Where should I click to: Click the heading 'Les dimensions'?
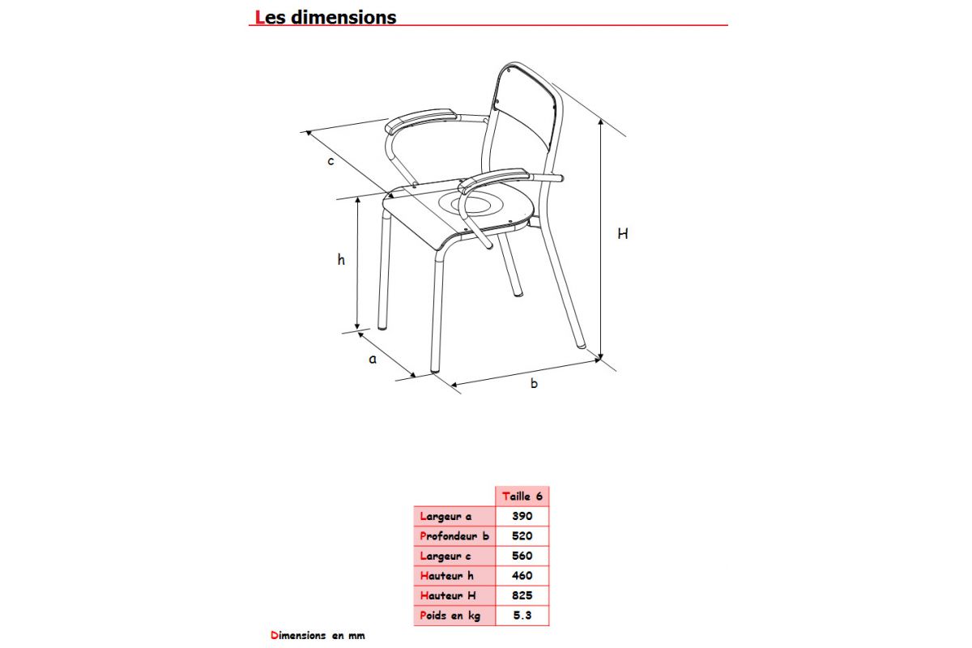click(326, 17)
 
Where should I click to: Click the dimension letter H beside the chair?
click(622, 234)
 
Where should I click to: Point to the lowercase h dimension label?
click(342, 260)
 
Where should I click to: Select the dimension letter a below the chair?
click(373, 358)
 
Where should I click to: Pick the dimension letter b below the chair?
click(534, 383)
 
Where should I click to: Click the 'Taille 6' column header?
click(522, 496)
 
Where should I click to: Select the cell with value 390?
click(522, 516)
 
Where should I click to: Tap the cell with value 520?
click(522, 535)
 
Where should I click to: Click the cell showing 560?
click(522, 556)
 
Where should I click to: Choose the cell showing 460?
click(522, 576)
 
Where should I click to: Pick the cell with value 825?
click(522, 596)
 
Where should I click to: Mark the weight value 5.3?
click(522, 616)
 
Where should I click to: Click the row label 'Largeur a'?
click(446, 516)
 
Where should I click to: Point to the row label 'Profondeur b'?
click(454, 535)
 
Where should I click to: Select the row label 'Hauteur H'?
click(447, 596)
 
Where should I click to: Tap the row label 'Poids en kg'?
click(450, 616)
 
